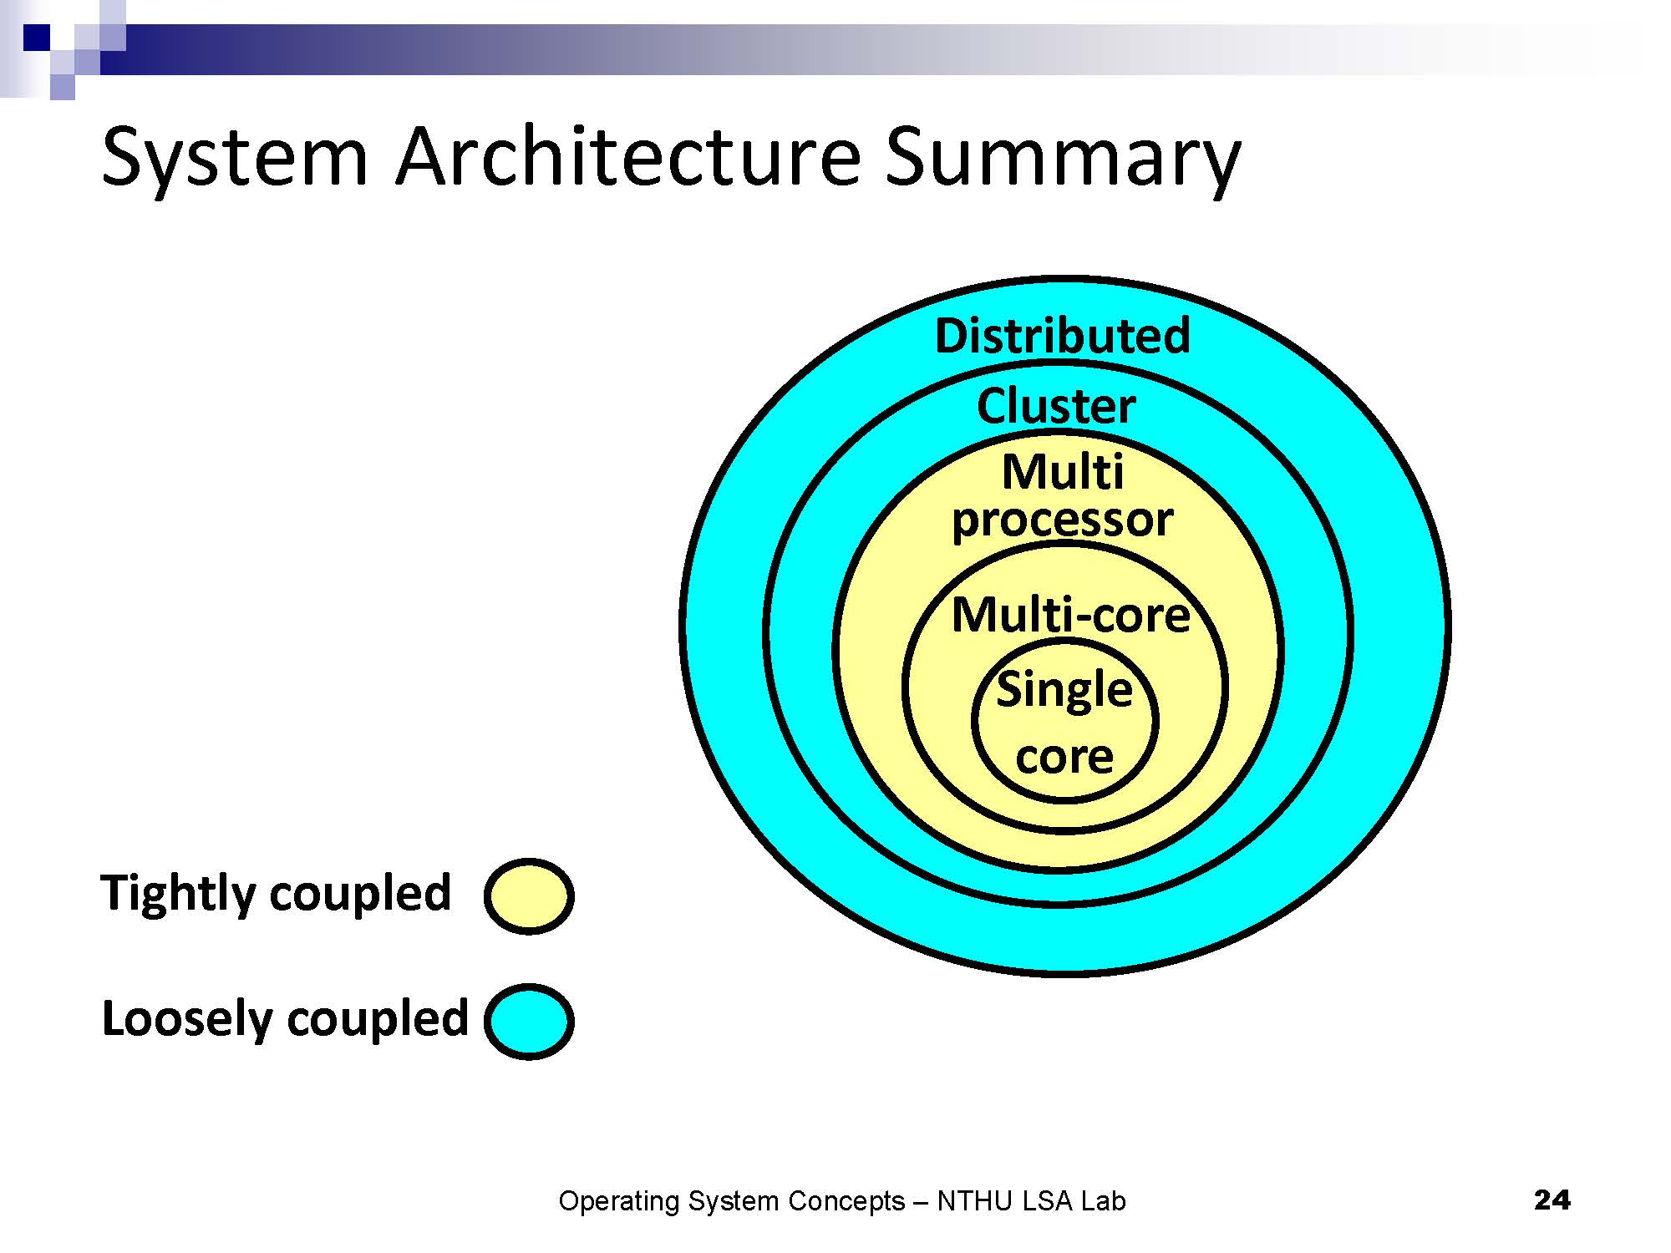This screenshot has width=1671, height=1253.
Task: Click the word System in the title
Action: (234, 157)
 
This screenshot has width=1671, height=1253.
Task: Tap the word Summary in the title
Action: (1063, 157)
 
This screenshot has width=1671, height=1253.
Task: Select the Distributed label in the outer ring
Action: (1062, 336)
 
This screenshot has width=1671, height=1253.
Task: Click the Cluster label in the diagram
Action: (1056, 407)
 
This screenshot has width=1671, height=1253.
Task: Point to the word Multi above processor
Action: (1063, 472)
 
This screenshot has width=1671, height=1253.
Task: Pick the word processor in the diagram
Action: (1062, 520)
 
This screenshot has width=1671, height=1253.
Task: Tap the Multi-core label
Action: (1070, 616)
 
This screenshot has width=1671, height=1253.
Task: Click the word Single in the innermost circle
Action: (1064, 690)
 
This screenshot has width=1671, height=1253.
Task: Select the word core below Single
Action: (1064, 757)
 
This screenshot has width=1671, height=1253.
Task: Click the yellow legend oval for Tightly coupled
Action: (529, 896)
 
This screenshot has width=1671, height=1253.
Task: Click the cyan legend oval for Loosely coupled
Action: (529, 1021)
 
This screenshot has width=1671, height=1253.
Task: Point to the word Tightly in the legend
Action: (178, 894)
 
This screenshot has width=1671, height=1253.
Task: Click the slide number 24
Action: (1552, 1200)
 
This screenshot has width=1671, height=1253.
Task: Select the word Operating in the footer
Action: (619, 1201)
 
